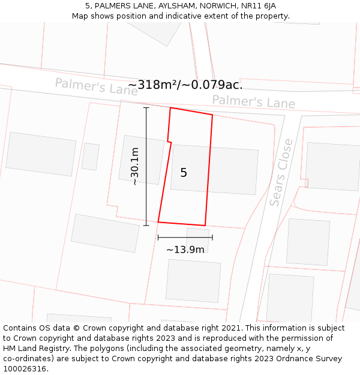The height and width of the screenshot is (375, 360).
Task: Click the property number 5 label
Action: point(184,173)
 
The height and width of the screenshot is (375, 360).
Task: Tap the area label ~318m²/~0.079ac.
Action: point(185,85)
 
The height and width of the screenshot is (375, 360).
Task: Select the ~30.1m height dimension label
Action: point(135,166)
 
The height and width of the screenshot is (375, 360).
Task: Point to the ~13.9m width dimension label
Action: point(185,250)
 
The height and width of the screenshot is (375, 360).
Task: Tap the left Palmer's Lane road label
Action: point(96,86)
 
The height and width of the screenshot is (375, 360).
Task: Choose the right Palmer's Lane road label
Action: point(253,101)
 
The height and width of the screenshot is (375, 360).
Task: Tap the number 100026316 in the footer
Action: point(23,369)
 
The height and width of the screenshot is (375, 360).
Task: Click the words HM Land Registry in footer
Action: point(35,349)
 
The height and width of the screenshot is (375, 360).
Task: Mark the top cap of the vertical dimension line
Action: point(146,107)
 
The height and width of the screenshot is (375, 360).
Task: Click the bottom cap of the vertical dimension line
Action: point(146,226)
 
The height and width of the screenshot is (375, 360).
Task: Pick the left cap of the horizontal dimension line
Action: point(158,238)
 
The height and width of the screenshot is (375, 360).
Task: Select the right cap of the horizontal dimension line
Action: point(212,238)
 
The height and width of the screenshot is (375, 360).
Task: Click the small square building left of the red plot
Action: point(91,157)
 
